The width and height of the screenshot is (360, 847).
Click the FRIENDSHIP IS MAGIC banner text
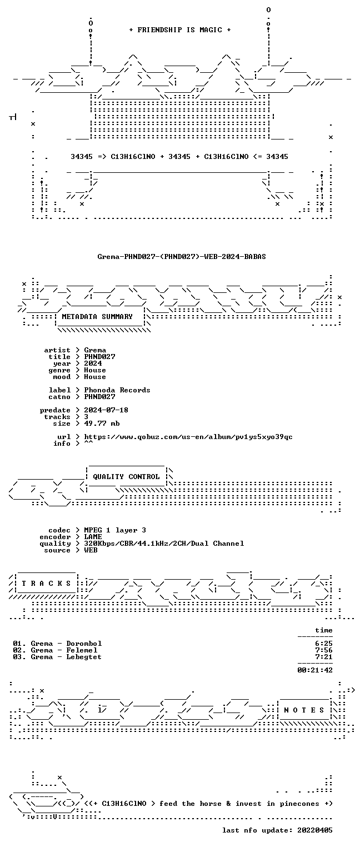pos(179,30)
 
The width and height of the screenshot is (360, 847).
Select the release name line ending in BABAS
pos(182,257)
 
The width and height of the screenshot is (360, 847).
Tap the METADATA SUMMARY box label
pos(97,316)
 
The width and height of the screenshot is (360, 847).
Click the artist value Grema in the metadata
pos(95,350)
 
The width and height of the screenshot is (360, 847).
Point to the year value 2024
pos(93,363)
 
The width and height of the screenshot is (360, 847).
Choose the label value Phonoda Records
pos(117,390)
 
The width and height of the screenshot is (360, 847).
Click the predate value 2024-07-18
pos(106,410)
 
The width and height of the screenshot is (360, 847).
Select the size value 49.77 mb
pos(102,423)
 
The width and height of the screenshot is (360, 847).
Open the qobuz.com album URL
pos(188,437)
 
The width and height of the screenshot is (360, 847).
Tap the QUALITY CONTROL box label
pos(126,477)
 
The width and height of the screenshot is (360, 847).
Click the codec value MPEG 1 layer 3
pos(115,531)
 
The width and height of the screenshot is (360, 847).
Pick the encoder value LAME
pos(93,537)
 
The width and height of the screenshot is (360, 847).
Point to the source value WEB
pos(91,551)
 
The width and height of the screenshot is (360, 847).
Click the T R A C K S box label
pos(46,584)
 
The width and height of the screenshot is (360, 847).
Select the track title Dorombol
pos(84,644)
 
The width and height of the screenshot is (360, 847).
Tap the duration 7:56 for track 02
pos(324,650)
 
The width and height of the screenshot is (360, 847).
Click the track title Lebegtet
pos(84,657)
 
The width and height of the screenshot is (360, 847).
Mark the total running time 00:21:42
pos(315,670)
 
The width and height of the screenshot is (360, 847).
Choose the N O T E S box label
pos(304,710)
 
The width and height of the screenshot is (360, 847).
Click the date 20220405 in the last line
pos(315,830)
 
